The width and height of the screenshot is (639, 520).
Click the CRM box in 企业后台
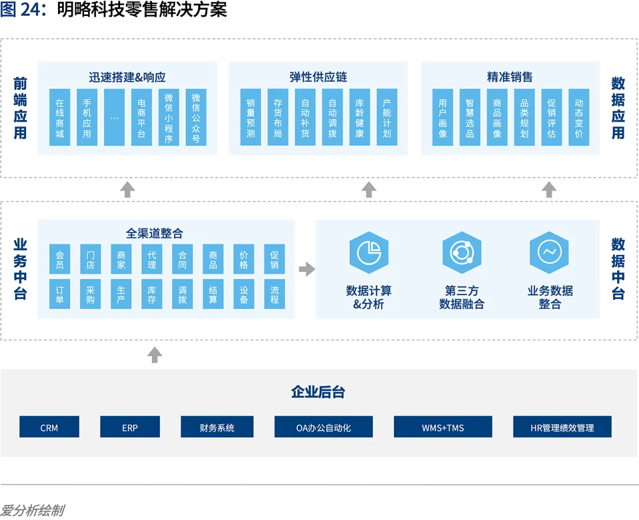pos(49,427)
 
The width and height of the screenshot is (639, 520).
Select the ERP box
pos(130,427)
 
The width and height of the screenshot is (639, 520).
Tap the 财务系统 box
pos(217,427)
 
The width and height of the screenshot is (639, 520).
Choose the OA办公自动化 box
pos(323,427)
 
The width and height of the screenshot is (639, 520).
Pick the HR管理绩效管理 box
pos(562,427)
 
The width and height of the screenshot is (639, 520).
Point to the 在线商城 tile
pos(60,117)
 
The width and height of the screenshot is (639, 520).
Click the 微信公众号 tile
pos(196,117)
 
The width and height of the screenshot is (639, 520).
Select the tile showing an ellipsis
pos(114,117)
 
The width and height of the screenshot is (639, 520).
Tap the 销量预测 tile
pos(251,117)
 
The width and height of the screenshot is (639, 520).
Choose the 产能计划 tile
pos(387,117)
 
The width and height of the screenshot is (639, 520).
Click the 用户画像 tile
pos(443,117)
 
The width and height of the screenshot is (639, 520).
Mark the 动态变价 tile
pos(579,117)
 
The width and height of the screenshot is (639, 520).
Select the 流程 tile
pos(275,294)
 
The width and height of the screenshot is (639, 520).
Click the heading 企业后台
pos(318,392)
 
